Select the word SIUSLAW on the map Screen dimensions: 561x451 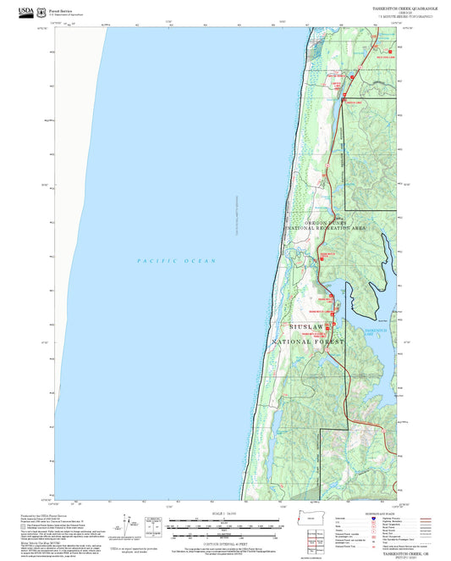coord(305,326)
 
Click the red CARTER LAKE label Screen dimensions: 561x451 coord(336,83)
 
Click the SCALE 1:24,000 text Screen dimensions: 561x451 coord(225,514)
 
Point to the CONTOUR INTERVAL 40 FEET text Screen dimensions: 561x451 coord(225,543)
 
